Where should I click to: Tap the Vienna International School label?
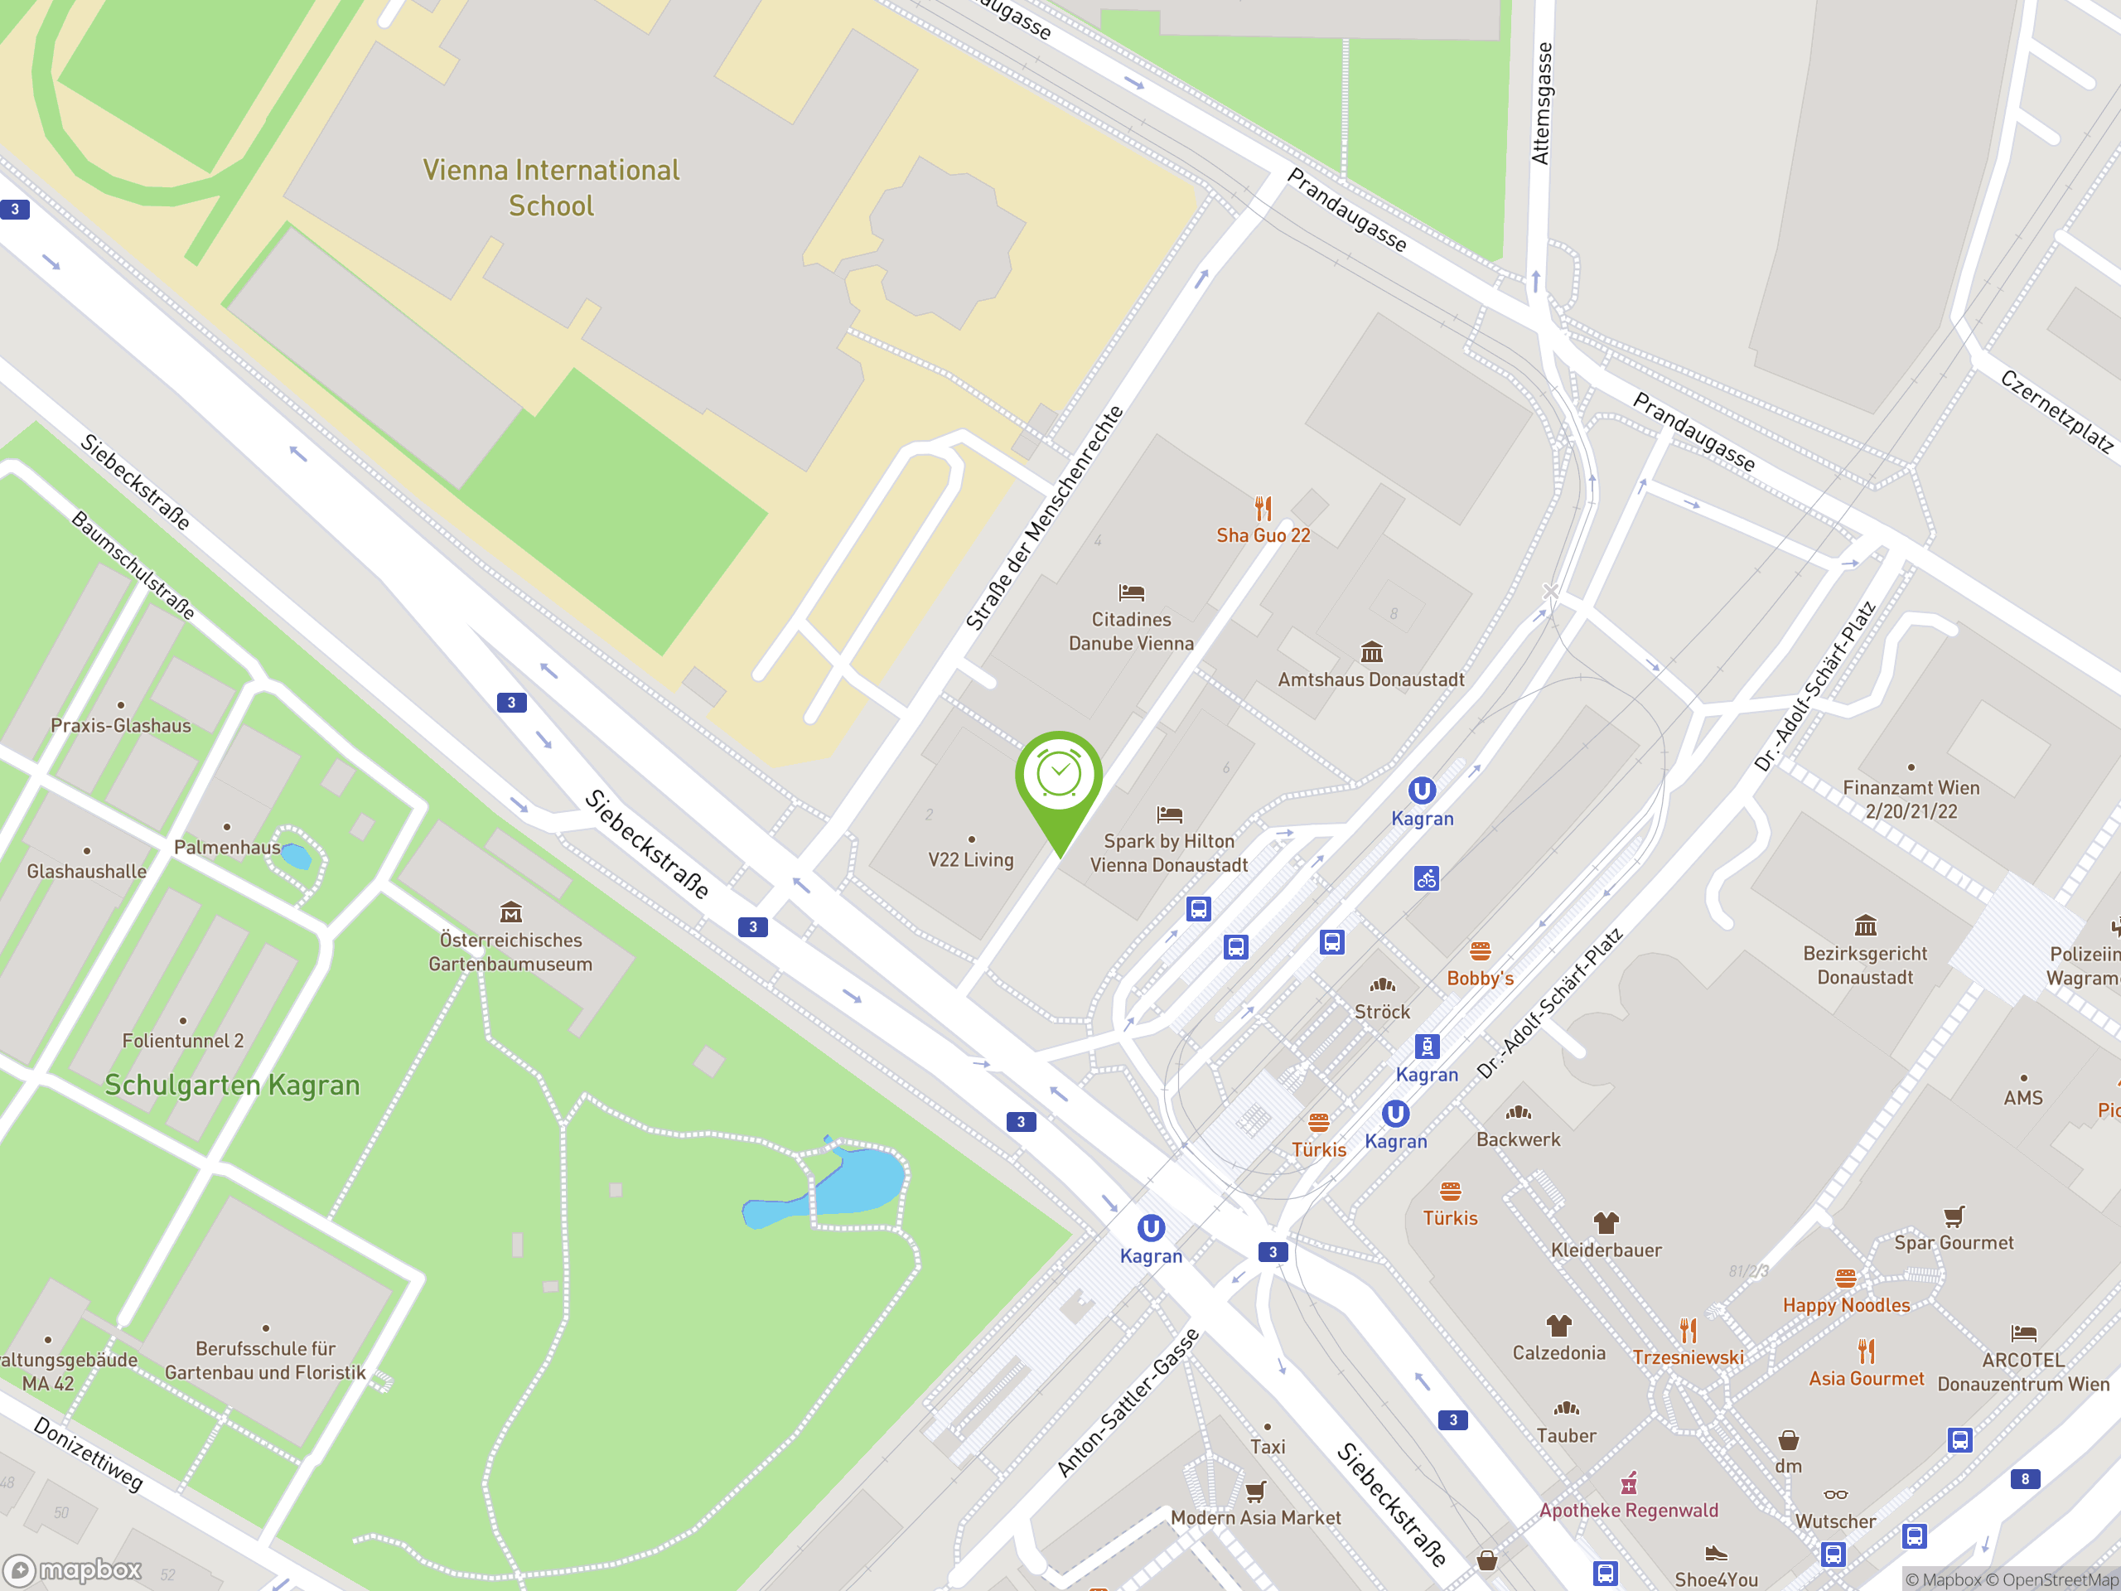[551, 188]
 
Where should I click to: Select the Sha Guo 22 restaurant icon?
[1263, 507]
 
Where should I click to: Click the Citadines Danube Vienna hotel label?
[1132, 632]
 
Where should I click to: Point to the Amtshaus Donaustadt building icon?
[1372, 652]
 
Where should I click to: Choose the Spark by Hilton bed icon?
[1169, 815]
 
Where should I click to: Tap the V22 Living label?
[970, 860]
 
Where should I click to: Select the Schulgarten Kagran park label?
[232, 1085]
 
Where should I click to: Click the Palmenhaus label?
[227, 848]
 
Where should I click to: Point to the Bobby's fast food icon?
[1481, 951]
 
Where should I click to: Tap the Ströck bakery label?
[1382, 1012]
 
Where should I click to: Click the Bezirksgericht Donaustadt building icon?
[1865, 926]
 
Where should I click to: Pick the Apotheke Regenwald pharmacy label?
[1628, 1511]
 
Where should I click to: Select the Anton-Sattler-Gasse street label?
[1128, 1402]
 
